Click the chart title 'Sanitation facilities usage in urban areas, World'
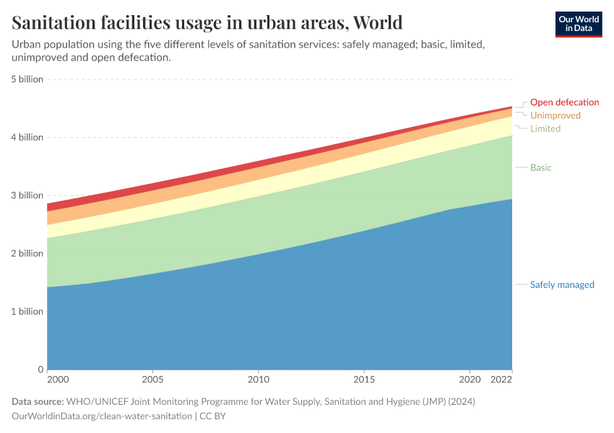click(207, 22)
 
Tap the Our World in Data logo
click(578, 24)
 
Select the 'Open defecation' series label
click(564, 102)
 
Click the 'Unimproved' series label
click(555, 115)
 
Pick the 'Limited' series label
click(545, 128)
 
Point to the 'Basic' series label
click(540, 167)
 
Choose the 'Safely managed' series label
click(562, 284)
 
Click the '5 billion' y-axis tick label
click(26, 79)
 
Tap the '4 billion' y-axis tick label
click(26, 137)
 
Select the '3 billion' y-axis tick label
click(26, 196)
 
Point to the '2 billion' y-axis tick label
click(26, 253)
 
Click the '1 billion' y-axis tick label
click(26, 312)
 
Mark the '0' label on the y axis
click(40, 369)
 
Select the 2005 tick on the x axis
click(152, 379)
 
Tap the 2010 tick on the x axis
click(259, 379)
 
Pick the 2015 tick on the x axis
click(364, 379)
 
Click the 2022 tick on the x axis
click(501, 379)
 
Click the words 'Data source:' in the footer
click(38, 401)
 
